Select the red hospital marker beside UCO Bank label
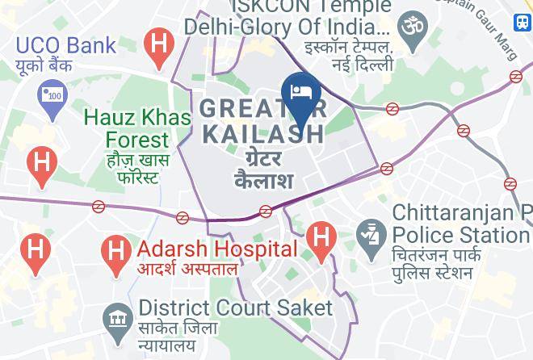click(158, 44)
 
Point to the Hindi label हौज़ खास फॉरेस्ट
click(136, 166)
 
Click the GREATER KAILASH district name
click(262, 119)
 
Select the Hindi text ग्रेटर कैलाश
click(263, 166)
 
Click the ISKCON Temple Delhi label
click(287, 16)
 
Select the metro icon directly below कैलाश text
click(265, 211)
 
